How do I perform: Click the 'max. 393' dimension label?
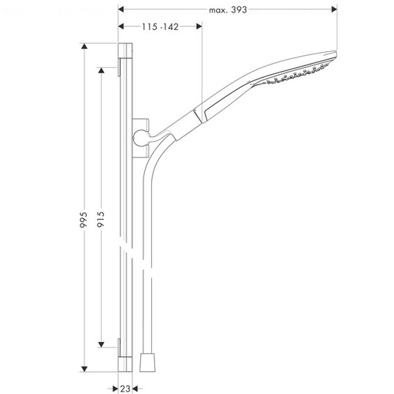click(x=228, y=10)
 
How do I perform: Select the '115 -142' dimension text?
click(x=160, y=27)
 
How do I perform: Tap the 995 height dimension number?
click(x=84, y=219)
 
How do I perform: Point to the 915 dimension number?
click(x=101, y=219)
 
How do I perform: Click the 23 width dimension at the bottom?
click(x=125, y=388)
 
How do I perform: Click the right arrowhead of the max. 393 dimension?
click(x=334, y=9)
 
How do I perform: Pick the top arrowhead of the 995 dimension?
click(x=84, y=46)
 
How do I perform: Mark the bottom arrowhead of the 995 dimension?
click(x=84, y=369)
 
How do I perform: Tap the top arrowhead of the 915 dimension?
click(x=101, y=70)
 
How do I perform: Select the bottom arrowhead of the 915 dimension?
click(x=101, y=344)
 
